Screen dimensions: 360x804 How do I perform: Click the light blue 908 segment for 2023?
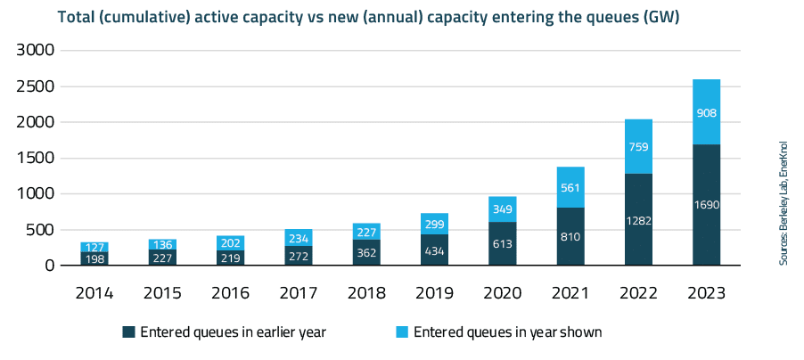click(707, 112)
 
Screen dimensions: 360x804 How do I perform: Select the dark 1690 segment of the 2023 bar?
click(707, 205)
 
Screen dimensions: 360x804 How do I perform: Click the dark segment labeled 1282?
click(638, 219)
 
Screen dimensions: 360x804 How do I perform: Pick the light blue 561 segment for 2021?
click(570, 187)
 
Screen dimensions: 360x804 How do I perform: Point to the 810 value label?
click(570, 238)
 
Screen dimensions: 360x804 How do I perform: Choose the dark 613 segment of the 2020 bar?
click(503, 243)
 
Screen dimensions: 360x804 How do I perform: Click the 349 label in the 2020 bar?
click(503, 209)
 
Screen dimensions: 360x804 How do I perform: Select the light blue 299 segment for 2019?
click(435, 224)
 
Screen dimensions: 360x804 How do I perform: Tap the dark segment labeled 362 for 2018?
click(366, 252)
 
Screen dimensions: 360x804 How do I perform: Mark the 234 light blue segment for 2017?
click(299, 238)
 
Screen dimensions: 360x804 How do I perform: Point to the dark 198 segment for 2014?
click(94, 258)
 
